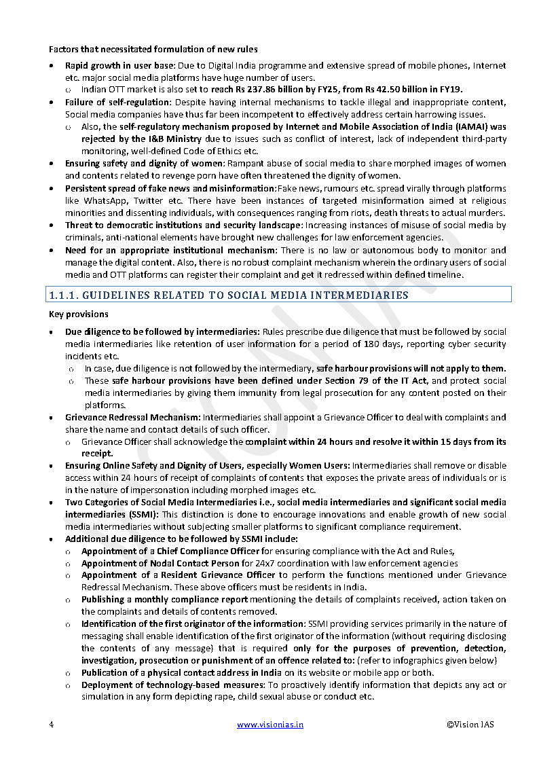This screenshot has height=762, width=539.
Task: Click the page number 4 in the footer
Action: (x=52, y=725)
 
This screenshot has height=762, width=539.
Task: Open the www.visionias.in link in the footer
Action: (x=270, y=725)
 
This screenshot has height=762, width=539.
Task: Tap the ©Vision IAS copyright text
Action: (x=470, y=725)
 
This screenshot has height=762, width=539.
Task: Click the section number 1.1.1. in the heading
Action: (x=65, y=295)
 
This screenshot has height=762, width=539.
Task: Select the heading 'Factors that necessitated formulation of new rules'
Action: (x=153, y=49)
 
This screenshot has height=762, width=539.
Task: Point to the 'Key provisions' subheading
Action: (x=78, y=314)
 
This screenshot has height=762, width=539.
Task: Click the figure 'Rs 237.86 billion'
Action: (x=270, y=90)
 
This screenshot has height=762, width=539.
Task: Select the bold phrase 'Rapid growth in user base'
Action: (x=119, y=65)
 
